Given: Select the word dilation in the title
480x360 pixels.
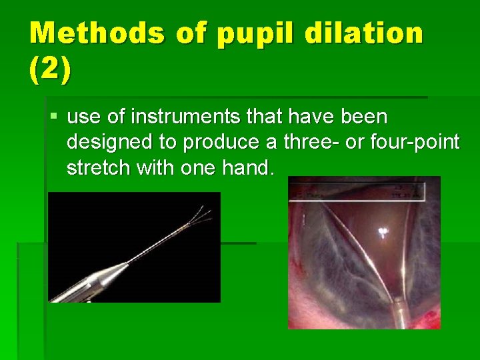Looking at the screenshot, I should point(360,33).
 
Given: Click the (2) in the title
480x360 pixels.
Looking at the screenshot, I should point(49,71).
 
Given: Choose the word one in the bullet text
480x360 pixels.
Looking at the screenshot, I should point(198,167).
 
